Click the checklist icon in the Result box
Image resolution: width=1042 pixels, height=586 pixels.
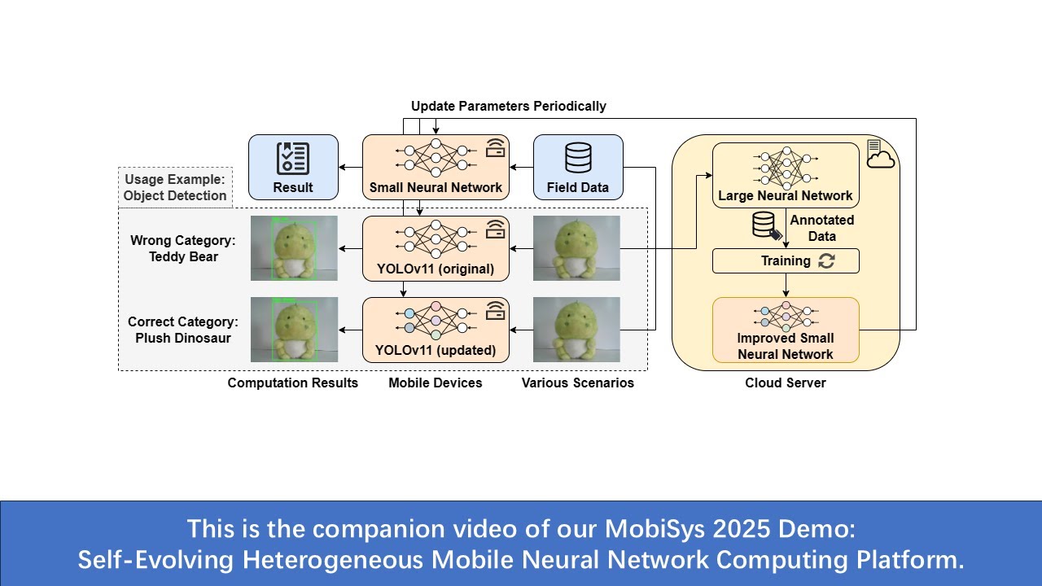click(x=293, y=159)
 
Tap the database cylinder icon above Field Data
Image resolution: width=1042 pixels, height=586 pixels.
click(x=578, y=158)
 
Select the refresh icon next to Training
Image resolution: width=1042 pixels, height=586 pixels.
click(x=827, y=261)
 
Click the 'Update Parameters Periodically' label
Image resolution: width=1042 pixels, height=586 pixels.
click(x=508, y=106)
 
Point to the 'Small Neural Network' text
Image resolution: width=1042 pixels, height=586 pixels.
click(x=436, y=187)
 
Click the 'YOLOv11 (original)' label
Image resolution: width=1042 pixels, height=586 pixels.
click(x=436, y=268)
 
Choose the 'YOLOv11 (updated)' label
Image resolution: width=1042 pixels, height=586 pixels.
click(x=436, y=350)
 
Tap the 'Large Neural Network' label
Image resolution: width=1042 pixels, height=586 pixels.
click(x=786, y=195)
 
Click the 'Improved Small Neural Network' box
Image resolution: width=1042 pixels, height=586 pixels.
click(x=786, y=330)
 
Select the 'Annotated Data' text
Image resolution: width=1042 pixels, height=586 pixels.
click(x=822, y=228)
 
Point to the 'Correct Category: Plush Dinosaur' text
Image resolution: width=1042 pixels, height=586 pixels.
click(x=183, y=330)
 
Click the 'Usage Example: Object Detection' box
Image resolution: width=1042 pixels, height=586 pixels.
click(x=175, y=187)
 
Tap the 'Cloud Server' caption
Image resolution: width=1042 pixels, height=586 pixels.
click(x=786, y=383)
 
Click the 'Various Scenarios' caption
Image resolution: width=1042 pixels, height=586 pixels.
click(x=578, y=383)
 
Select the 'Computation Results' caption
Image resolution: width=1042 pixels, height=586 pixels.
click(x=293, y=383)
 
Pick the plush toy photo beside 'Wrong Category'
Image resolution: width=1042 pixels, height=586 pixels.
click(x=293, y=248)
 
